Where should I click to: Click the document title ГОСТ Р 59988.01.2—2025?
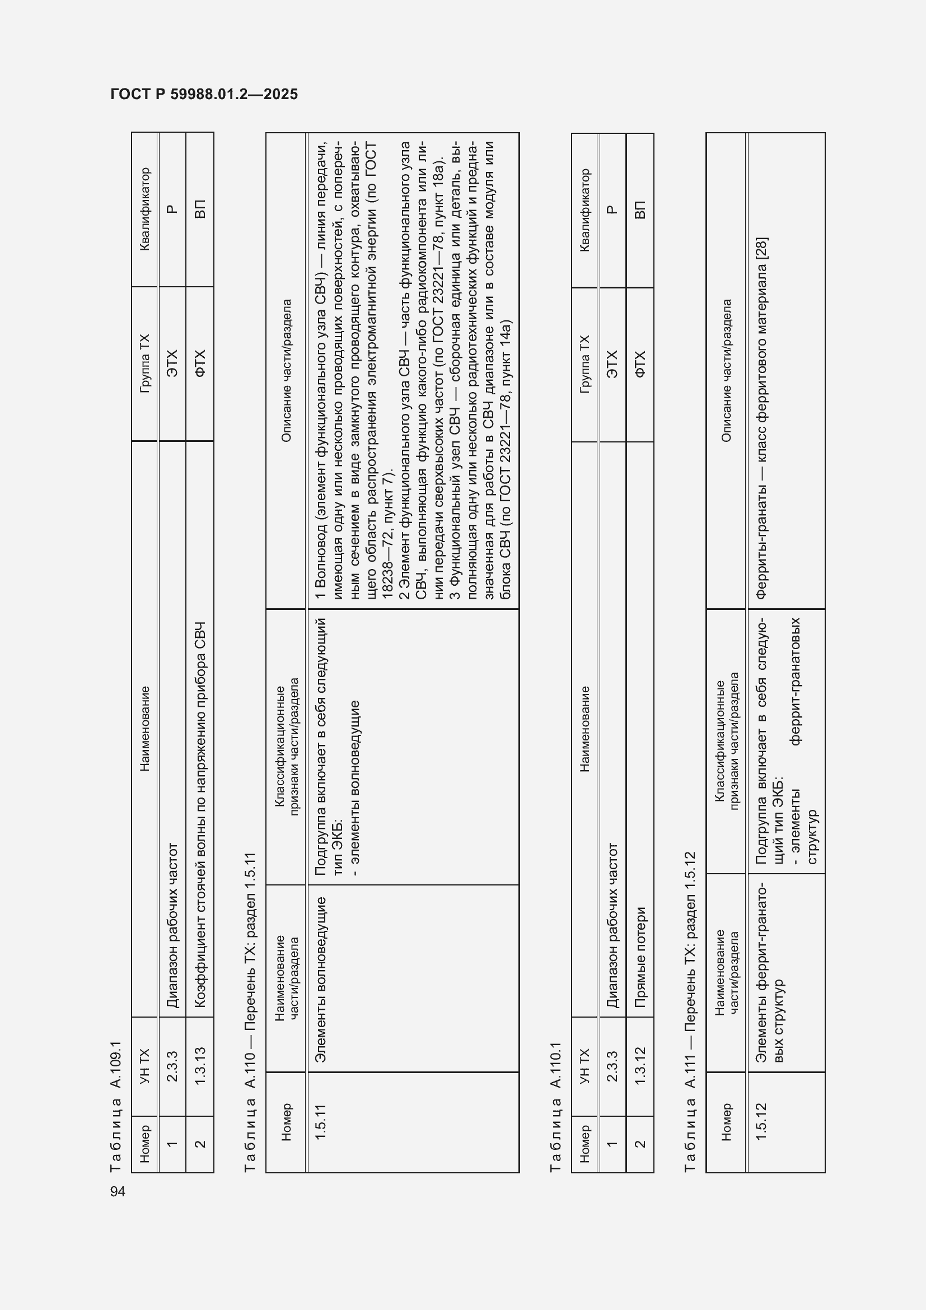pos(204,94)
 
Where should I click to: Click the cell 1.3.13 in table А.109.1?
pos(199,1066)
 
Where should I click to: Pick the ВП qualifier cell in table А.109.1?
pos(199,209)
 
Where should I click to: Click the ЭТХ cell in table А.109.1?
pos(172,363)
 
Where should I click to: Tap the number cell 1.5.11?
pos(321,1122)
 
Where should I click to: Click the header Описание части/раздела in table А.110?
pos(287,371)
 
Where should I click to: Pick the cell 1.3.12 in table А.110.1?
pos(640,1066)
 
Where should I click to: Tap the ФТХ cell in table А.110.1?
pos(640,364)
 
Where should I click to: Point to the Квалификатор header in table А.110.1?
pos(584,210)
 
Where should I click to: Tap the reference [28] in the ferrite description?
pos(761,249)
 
